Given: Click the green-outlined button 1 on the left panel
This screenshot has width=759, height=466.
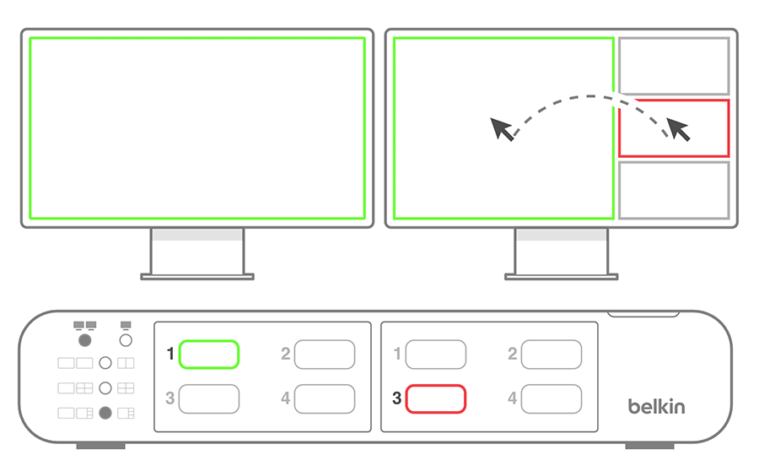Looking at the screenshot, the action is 208,355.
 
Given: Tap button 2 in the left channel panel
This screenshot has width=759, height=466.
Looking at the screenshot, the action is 325,355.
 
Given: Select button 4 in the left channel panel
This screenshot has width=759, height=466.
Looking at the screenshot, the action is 325,399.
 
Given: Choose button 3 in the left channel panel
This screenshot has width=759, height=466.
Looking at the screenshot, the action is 208,399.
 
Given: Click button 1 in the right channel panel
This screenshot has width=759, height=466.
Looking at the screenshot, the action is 436,355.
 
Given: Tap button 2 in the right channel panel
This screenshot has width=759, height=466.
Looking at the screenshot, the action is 552,355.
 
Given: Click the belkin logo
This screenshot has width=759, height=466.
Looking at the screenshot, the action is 656,406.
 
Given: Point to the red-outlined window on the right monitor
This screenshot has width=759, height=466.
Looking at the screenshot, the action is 674,100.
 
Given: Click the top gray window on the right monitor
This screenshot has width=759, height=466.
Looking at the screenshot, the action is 674,38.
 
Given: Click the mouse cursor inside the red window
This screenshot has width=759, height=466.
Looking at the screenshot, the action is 678,129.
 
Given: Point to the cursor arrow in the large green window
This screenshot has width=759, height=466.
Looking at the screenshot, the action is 502,129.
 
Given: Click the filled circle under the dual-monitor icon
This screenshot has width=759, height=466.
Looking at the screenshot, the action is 84,340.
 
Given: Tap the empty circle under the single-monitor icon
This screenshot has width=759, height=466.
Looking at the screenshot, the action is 126,340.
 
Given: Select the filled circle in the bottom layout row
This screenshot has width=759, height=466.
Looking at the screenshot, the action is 105,413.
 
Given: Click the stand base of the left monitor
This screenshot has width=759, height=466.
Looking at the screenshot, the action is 197,277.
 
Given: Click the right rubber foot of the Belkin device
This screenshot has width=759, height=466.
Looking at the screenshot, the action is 649,446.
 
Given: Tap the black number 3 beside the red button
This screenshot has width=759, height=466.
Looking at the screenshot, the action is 397,398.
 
